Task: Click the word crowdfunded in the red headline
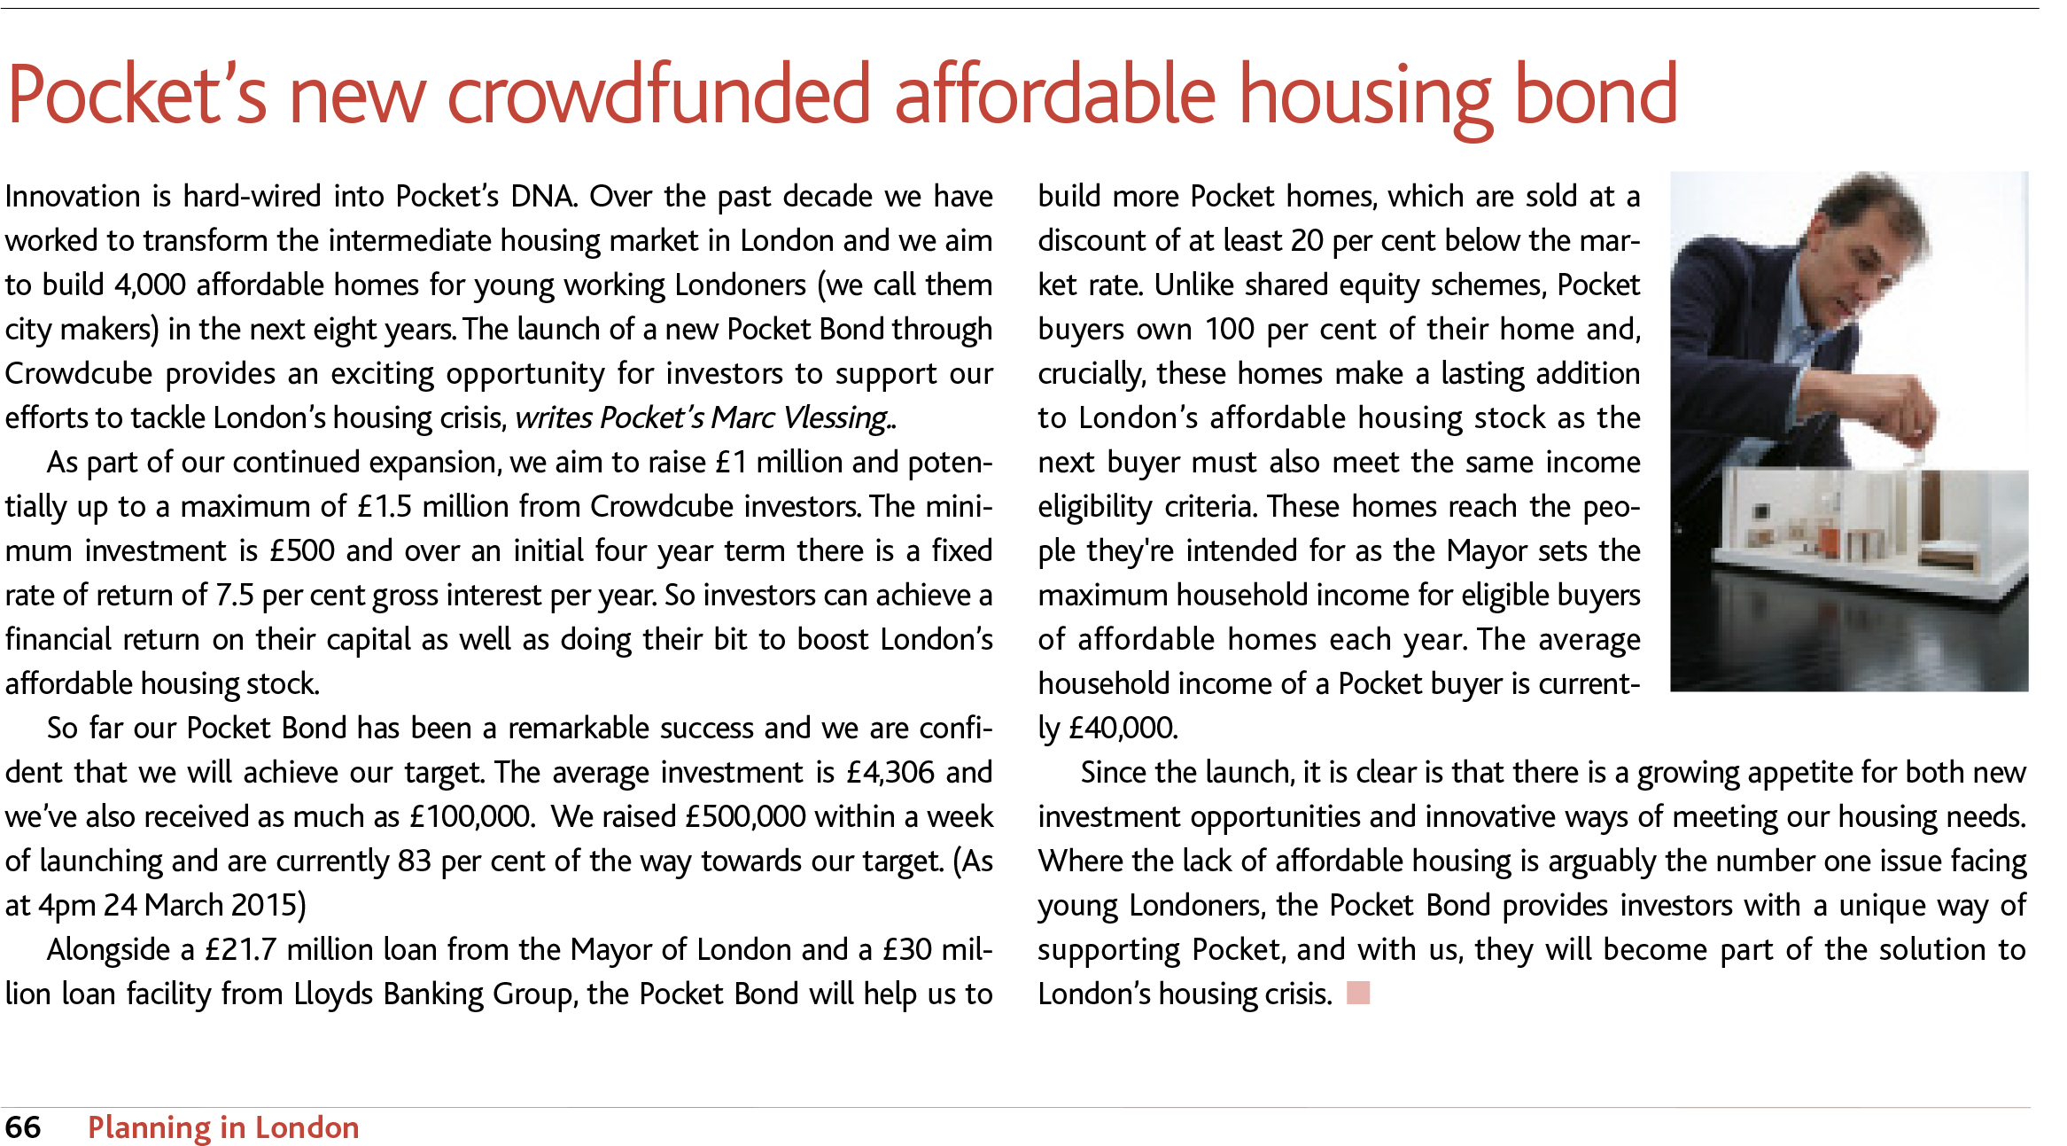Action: click(659, 95)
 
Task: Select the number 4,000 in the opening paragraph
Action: click(150, 285)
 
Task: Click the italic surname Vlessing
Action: click(838, 417)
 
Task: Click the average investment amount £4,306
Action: click(890, 772)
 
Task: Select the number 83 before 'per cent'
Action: click(415, 861)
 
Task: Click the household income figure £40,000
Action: click(1123, 728)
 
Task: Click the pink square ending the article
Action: click(1358, 993)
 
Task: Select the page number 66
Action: click(23, 1127)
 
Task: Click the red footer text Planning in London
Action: click(223, 1127)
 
